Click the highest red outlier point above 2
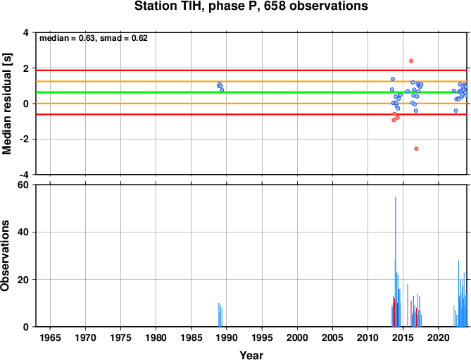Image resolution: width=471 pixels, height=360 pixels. click(x=411, y=61)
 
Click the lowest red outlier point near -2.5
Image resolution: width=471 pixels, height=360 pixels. click(x=416, y=149)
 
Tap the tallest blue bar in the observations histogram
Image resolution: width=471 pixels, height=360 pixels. click(x=396, y=261)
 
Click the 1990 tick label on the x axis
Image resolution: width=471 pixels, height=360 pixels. click(x=227, y=337)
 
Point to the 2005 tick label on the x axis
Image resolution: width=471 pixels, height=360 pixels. click(x=332, y=337)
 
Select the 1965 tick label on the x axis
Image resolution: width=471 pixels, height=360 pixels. click(x=50, y=337)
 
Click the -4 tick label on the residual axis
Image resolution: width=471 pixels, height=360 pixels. click(x=23, y=175)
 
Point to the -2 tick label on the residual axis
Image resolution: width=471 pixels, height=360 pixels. click(x=23, y=139)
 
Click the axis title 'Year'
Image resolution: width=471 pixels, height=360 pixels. click(x=251, y=355)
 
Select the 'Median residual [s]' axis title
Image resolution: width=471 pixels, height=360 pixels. click(x=7, y=104)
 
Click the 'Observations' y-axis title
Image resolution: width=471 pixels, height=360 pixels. click(x=5, y=256)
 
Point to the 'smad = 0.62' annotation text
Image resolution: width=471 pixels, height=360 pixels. click(x=124, y=38)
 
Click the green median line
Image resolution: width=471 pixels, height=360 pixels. click(x=251, y=92)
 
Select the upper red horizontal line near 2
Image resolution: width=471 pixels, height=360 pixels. click(x=251, y=70)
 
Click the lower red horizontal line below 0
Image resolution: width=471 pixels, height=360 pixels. click(x=251, y=115)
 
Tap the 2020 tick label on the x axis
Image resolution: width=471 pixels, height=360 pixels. click(x=439, y=337)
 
